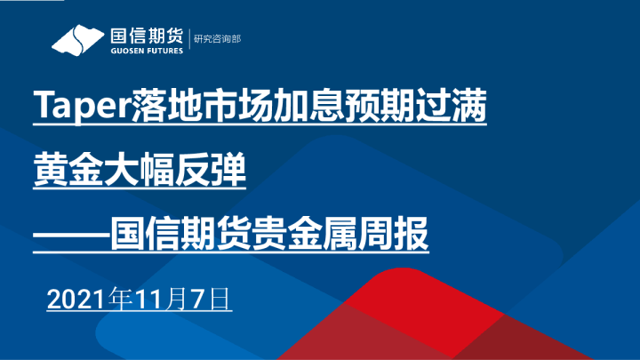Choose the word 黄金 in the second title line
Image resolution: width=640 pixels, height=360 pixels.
tap(65, 171)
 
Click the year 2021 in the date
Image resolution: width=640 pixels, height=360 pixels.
tap(76, 298)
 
